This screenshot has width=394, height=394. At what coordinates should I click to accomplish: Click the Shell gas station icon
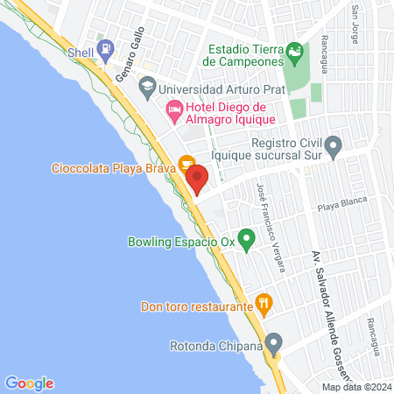(106, 49)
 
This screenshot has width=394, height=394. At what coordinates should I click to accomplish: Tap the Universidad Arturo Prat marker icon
(147, 88)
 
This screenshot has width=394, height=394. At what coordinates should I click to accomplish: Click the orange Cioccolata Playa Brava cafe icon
(186, 163)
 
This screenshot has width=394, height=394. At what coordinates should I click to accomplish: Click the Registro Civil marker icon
(332, 144)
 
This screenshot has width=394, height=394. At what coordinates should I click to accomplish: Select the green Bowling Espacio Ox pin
(247, 236)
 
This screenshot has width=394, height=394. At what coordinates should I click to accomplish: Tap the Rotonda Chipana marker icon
(274, 341)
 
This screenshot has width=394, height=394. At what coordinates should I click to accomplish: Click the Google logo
(29, 383)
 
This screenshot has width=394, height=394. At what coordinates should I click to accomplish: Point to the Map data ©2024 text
(355, 386)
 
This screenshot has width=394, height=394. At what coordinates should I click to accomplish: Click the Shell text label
(81, 51)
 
